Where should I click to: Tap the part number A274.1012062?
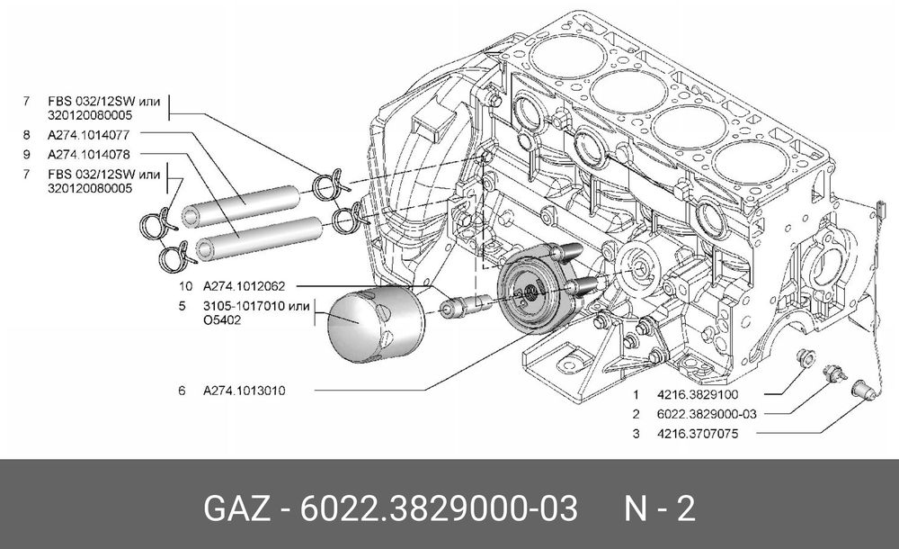pyautogui.click(x=245, y=286)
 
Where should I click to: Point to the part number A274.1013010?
pyautogui.click(x=245, y=391)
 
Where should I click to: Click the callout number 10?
pyautogui.click(x=185, y=286)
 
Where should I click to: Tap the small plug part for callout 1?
pyautogui.click(x=806, y=360)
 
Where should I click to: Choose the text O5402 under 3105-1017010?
pyautogui.click(x=222, y=319)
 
